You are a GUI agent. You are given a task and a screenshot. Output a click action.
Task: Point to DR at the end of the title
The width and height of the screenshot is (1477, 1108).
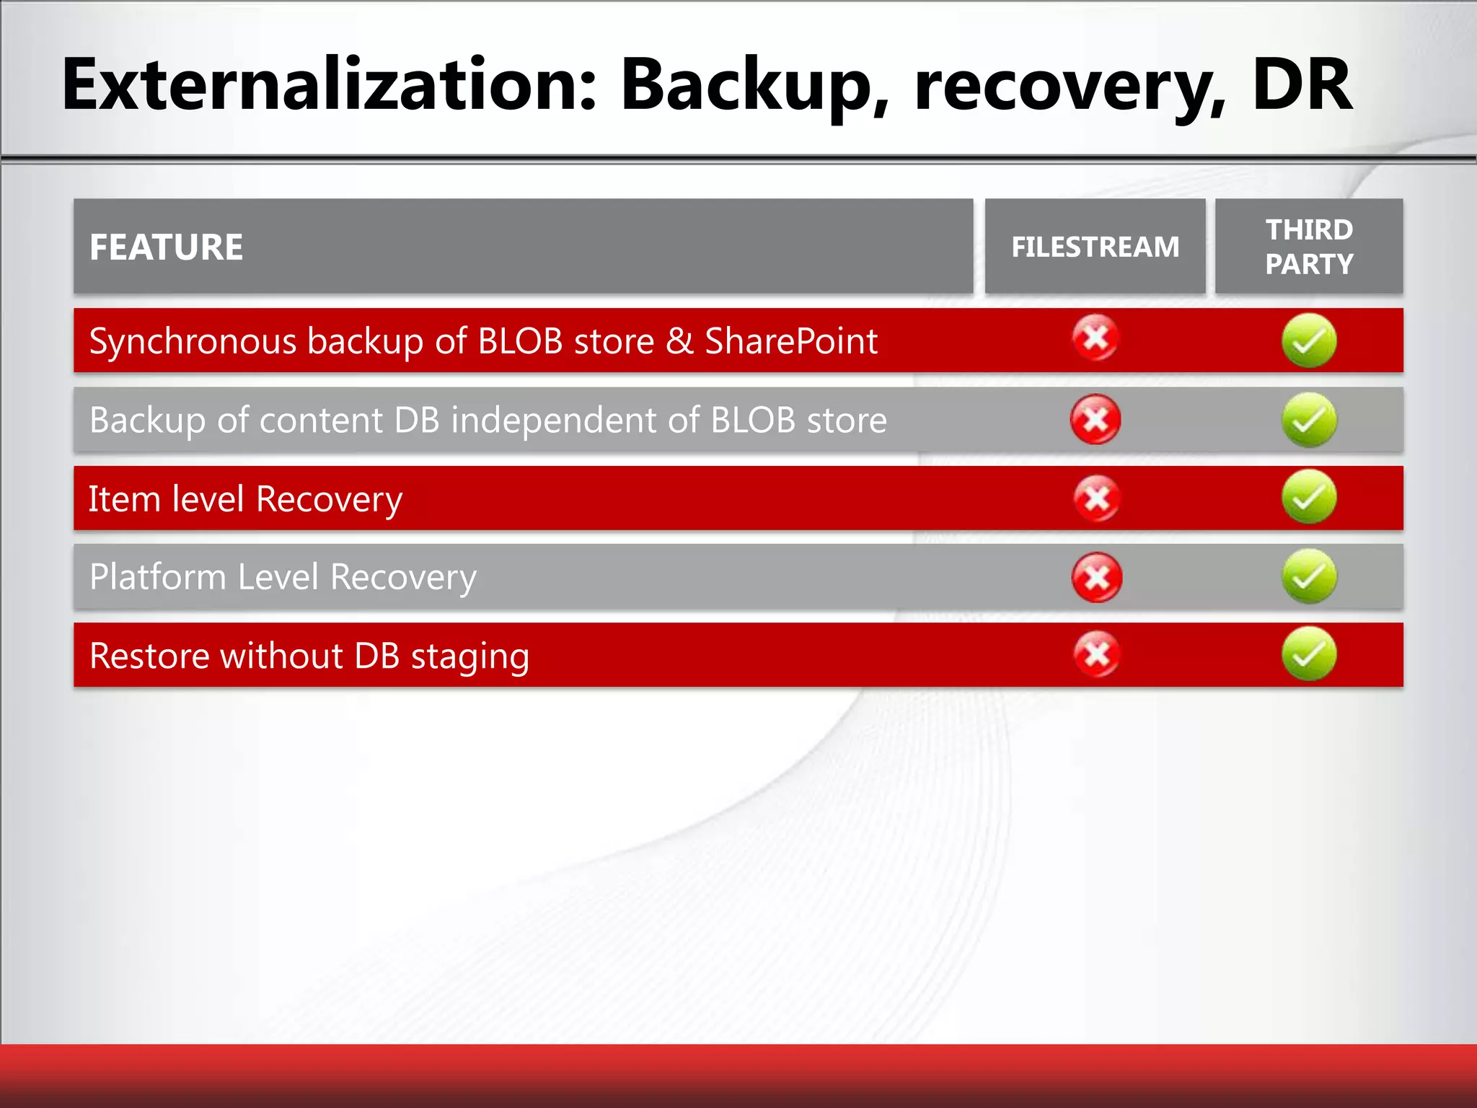pos(1302,85)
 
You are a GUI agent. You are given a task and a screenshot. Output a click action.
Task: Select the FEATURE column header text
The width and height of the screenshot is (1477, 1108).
pos(166,247)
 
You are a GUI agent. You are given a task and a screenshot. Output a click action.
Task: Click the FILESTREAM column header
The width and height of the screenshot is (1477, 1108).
pos(1095,247)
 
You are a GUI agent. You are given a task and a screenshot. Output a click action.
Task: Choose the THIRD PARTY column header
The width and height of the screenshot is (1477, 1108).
pos(1309,247)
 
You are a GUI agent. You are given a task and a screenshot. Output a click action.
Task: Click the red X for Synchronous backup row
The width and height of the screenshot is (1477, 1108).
pos(1095,338)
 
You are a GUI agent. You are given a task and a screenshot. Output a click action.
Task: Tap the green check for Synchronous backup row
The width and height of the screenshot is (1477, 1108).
pos(1309,340)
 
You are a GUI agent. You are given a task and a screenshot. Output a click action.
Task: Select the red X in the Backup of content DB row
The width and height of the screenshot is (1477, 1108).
pos(1095,419)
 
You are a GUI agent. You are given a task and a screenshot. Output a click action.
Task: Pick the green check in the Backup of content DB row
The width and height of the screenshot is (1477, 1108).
pos(1309,420)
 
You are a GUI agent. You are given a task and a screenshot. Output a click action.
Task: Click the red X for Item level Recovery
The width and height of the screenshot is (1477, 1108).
pos(1097,498)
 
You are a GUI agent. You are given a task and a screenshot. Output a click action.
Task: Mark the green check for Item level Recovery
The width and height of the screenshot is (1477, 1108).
pos(1309,497)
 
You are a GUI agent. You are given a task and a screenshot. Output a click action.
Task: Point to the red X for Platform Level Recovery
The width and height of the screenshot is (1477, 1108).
pos(1097,577)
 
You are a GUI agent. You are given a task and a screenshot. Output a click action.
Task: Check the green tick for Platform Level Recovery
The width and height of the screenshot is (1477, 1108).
pos(1309,576)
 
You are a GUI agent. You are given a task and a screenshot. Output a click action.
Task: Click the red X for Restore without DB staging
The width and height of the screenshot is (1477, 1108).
pos(1097,654)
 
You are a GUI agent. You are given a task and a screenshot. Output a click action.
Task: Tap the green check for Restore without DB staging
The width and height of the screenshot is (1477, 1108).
pos(1309,654)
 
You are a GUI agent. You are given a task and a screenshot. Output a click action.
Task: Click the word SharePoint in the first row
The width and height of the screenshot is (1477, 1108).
pos(790,340)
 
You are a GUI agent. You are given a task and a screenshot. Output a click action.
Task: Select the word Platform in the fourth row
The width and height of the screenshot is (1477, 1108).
pos(158,577)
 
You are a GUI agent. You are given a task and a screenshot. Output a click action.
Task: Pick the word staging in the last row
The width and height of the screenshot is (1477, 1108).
pos(469,656)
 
